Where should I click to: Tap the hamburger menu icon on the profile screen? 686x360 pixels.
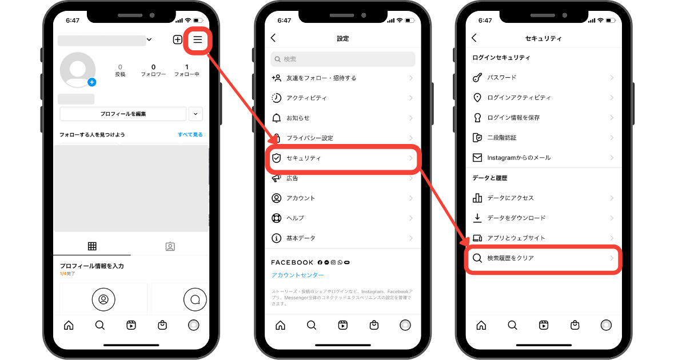pyautogui.click(x=197, y=39)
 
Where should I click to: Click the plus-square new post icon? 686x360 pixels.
pyautogui.click(x=178, y=39)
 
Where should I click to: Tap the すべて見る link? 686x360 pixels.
pyautogui.click(x=190, y=135)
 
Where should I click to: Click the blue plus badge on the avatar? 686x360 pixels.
pyautogui.click(x=92, y=82)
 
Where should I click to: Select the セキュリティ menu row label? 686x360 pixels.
pyautogui.click(x=304, y=158)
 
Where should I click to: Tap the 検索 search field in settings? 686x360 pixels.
pyautogui.click(x=343, y=59)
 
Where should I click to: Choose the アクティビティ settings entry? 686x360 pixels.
pyautogui.click(x=306, y=98)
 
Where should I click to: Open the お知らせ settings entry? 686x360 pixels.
pyautogui.click(x=298, y=118)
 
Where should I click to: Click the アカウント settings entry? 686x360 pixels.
pyautogui.click(x=301, y=198)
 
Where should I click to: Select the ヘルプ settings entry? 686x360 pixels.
pyautogui.click(x=295, y=218)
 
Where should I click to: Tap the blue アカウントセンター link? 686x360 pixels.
pyautogui.click(x=297, y=275)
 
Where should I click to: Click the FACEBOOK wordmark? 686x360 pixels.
pyautogui.click(x=292, y=262)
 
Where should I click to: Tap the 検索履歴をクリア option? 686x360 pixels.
pyautogui.click(x=510, y=258)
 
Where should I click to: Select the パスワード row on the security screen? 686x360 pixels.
pyautogui.click(x=501, y=78)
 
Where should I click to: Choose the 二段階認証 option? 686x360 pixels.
pyautogui.click(x=501, y=138)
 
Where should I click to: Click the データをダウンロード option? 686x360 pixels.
pyautogui.click(x=516, y=218)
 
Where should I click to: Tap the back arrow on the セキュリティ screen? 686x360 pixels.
pyautogui.click(x=474, y=38)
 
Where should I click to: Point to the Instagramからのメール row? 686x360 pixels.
pyautogui.click(x=519, y=158)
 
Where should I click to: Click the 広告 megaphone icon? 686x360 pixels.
pyautogui.click(x=277, y=178)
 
